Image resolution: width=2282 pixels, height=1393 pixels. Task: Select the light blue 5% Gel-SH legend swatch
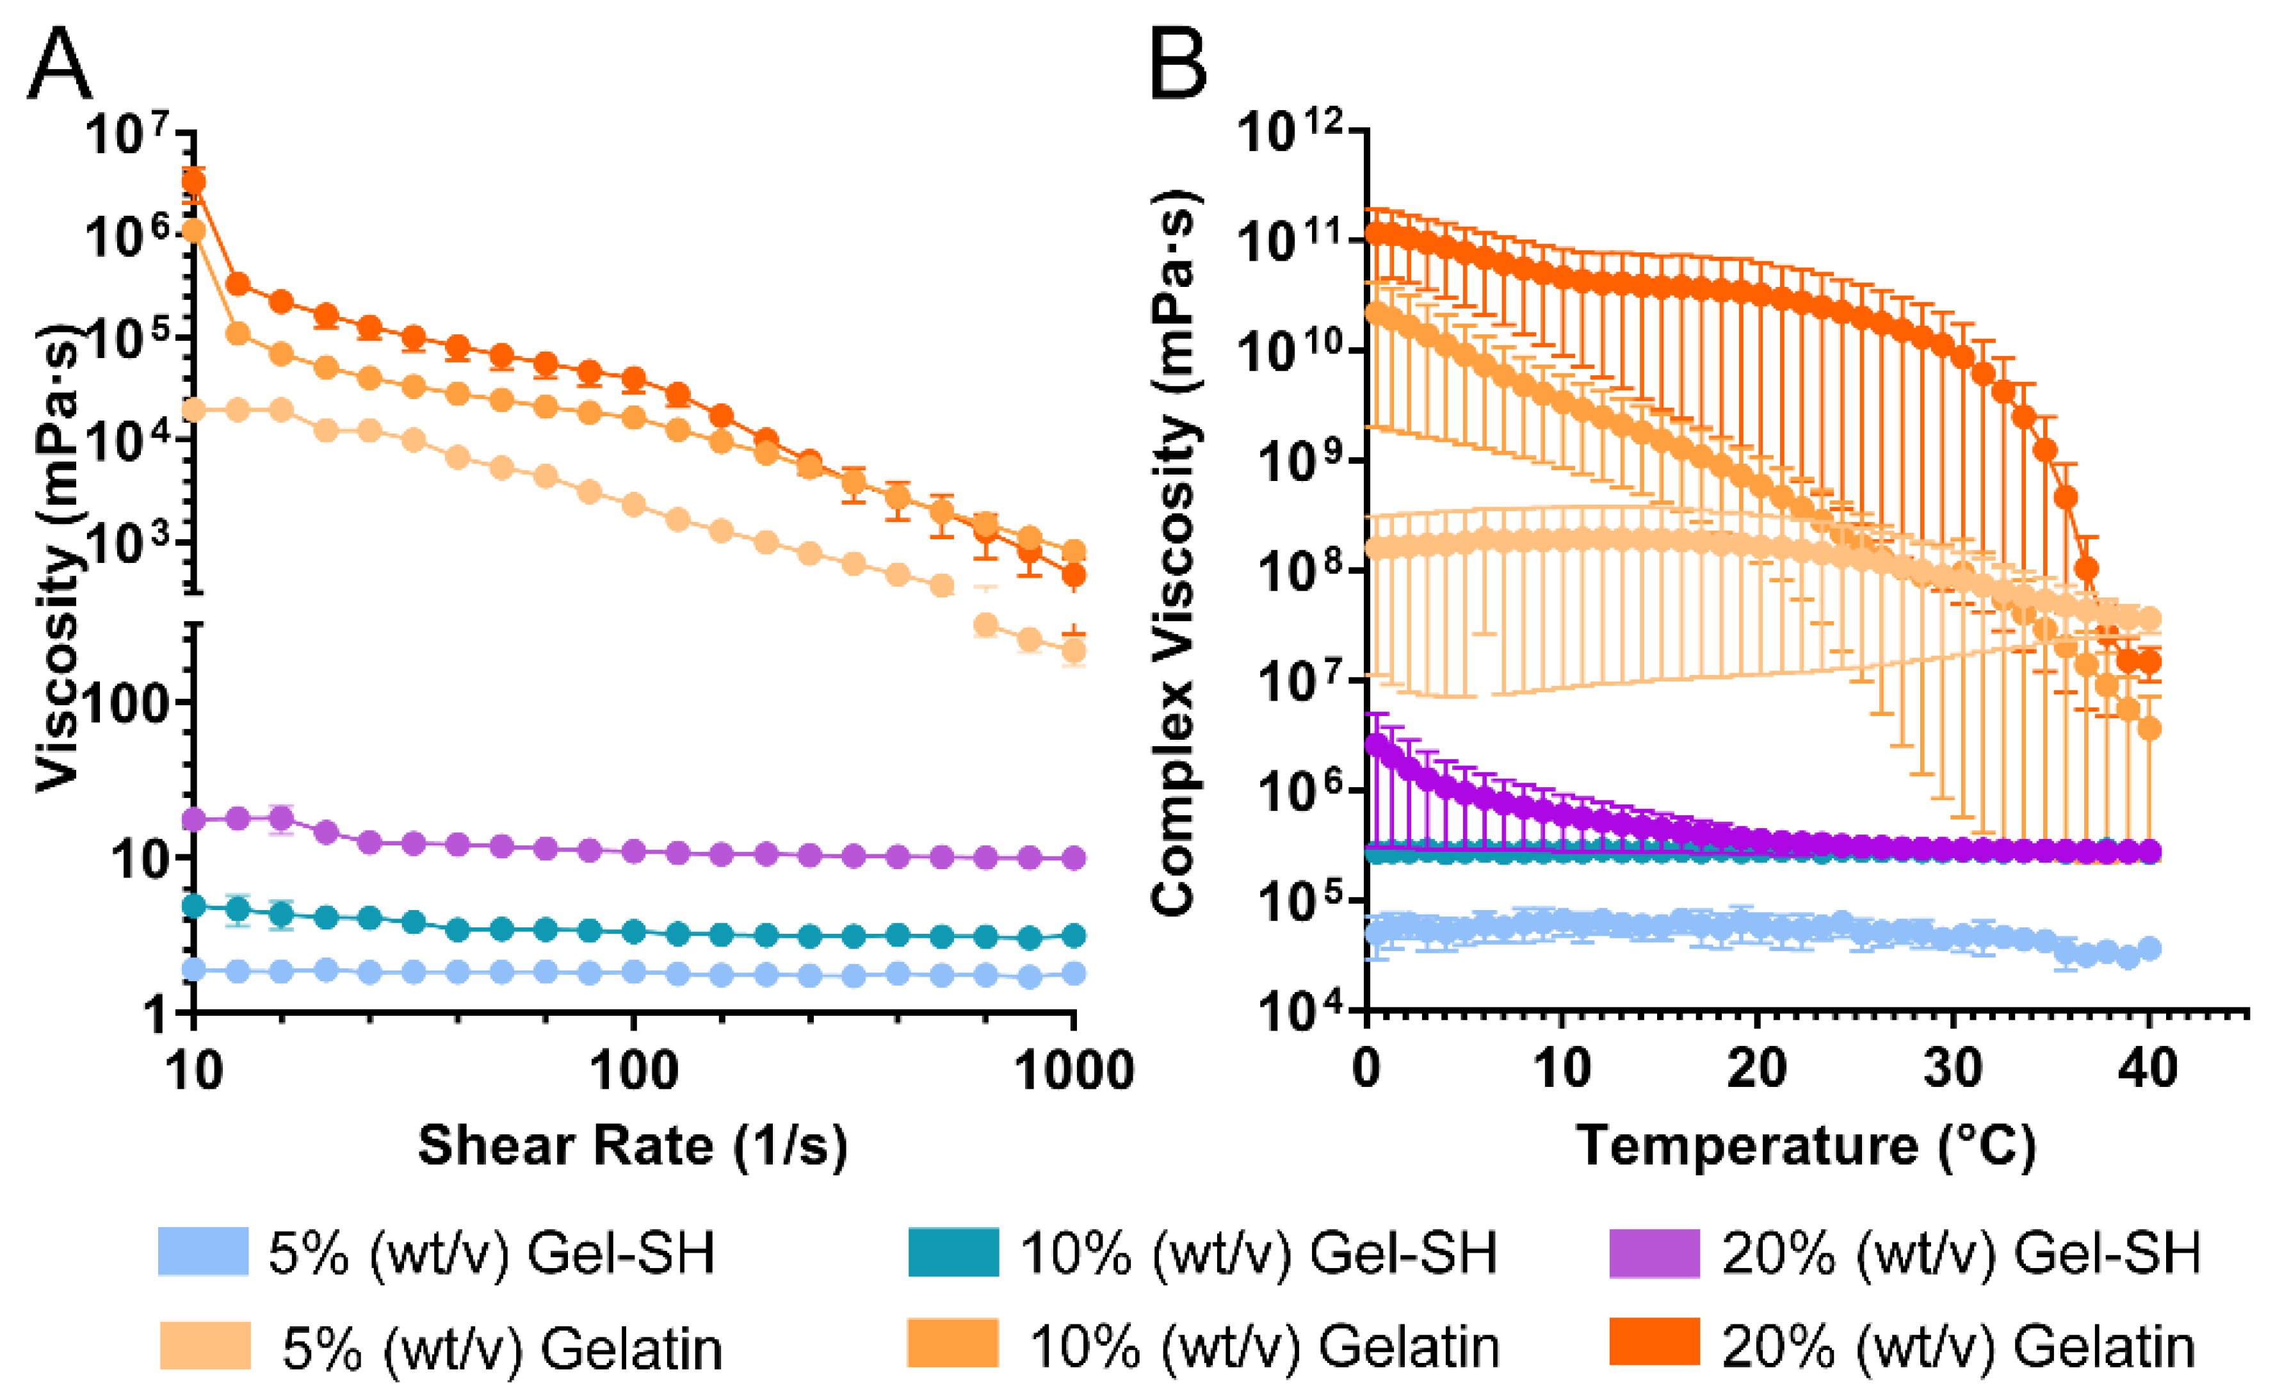tap(203, 1251)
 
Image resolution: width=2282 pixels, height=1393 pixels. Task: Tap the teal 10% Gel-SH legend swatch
tap(953, 1251)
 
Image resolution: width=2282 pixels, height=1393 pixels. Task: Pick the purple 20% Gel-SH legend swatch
tap(1654, 1251)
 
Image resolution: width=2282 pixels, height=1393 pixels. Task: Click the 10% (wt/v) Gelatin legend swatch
tap(953, 1343)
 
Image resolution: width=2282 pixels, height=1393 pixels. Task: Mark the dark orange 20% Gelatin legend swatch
tap(1654, 1343)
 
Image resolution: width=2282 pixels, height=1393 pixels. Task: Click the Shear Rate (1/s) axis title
tap(633, 1146)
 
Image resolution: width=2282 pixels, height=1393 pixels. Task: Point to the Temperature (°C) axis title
tap(1806, 1146)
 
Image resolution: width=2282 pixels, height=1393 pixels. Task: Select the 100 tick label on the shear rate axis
tap(633, 1071)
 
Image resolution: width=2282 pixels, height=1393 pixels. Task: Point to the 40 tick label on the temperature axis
tap(2149, 1068)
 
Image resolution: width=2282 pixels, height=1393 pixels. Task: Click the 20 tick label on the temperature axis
tap(1757, 1068)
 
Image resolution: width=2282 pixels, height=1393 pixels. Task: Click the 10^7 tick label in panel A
tap(129, 135)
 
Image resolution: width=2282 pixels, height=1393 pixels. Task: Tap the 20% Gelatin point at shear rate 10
tap(193, 181)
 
